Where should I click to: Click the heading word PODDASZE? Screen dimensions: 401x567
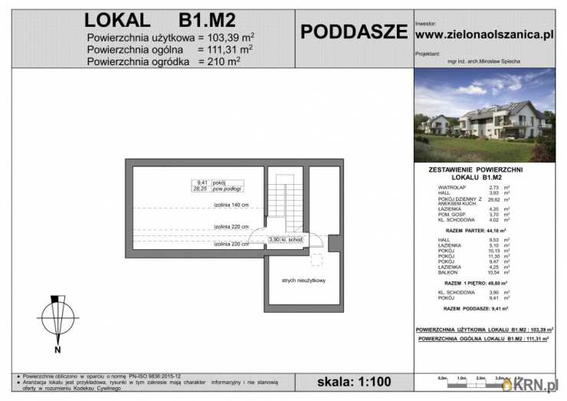click(353, 31)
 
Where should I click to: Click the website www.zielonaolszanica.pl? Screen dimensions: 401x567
click(483, 35)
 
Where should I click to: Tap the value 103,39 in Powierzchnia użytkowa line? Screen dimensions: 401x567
click(228, 38)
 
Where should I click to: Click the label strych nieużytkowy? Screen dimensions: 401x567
click(303, 281)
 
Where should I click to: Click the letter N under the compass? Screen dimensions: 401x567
click(57, 350)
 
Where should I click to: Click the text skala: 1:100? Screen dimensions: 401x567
click(353, 381)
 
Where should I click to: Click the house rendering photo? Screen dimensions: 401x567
click(484, 116)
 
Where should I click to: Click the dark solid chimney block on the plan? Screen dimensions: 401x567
click(335, 243)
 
